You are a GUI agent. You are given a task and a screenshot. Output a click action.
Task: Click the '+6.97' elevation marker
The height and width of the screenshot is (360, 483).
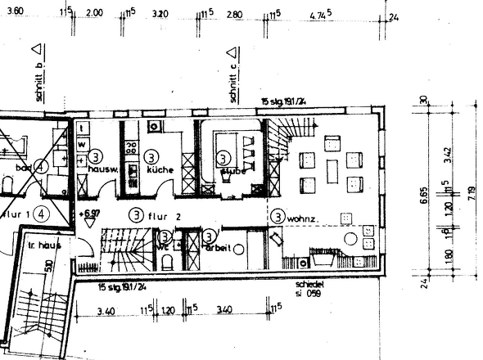(x=90, y=214)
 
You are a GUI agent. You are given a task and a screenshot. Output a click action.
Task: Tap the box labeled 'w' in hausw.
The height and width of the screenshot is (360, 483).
(x=82, y=143)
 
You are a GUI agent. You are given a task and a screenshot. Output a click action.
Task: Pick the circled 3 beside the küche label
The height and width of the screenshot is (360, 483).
(x=151, y=155)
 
